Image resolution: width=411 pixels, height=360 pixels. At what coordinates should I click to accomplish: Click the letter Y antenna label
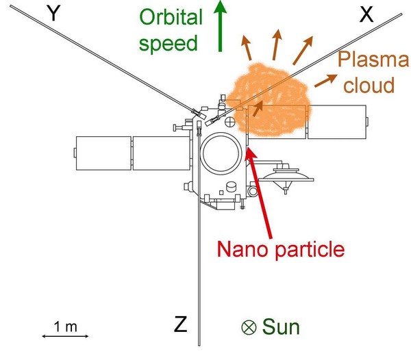pos(53,14)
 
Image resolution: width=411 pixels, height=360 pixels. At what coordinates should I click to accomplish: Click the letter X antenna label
pos(366,14)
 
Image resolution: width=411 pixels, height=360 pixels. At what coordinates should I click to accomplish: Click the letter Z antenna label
pos(181,324)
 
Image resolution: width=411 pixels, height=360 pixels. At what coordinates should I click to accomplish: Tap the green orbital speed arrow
pos(220,25)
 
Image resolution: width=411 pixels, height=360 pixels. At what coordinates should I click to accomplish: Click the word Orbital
pos(171,17)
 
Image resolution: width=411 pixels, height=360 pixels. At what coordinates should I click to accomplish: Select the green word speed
pos(168,44)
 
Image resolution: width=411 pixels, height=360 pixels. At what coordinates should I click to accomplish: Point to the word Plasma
pos(373,59)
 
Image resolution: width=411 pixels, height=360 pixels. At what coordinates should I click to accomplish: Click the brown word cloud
pos(369,85)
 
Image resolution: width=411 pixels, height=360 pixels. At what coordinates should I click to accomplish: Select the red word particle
pos(310,250)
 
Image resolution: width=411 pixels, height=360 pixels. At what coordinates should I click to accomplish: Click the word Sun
pos(281,326)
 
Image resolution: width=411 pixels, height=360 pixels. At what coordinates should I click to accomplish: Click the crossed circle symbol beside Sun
pos(249,327)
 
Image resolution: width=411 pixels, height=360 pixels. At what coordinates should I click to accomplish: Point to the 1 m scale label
pos(66,326)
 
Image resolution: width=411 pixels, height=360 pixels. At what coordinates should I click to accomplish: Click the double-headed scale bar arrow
pos(65,336)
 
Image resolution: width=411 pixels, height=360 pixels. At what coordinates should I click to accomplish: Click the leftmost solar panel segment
pos(103,153)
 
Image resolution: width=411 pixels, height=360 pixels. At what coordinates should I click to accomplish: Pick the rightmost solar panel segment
pos(337,122)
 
